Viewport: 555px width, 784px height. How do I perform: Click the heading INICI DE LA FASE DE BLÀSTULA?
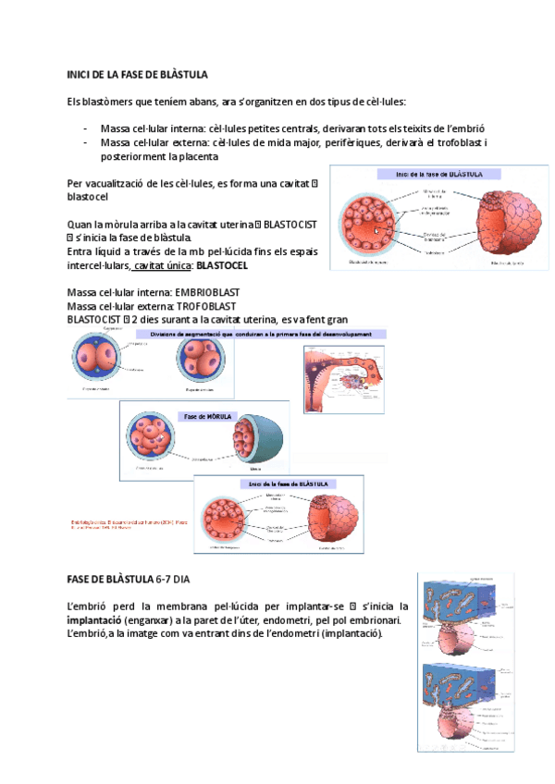pyautogui.click(x=138, y=73)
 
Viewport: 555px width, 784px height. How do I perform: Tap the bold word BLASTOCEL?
pyautogui.click(x=221, y=265)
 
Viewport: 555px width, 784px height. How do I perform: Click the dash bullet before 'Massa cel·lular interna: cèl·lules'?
pyautogui.click(x=85, y=129)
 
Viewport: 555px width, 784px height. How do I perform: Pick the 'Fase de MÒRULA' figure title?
pyautogui.click(x=209, y=416)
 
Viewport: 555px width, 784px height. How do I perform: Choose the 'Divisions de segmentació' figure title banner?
pyautogui.click(x=261, y=334)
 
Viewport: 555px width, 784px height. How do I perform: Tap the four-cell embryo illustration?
pyautogui.click(x=203, y=361)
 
